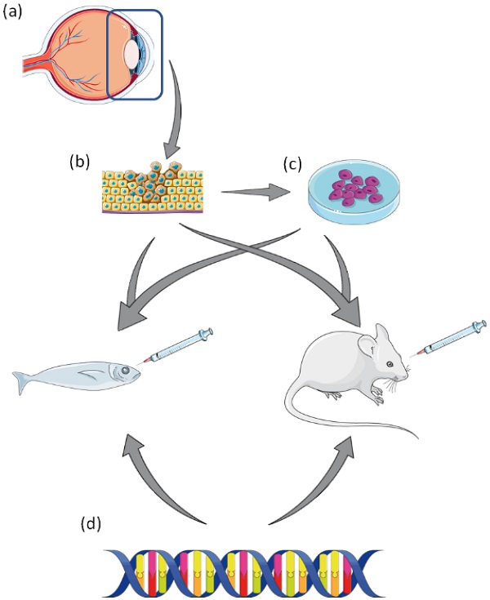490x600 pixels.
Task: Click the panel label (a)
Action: [15, 14]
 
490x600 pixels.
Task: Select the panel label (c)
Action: [292, 165]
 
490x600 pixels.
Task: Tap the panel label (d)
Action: [91, 522]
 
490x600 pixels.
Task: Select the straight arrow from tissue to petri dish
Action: [256, 193]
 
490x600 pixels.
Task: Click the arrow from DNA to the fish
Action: [155, 482]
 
